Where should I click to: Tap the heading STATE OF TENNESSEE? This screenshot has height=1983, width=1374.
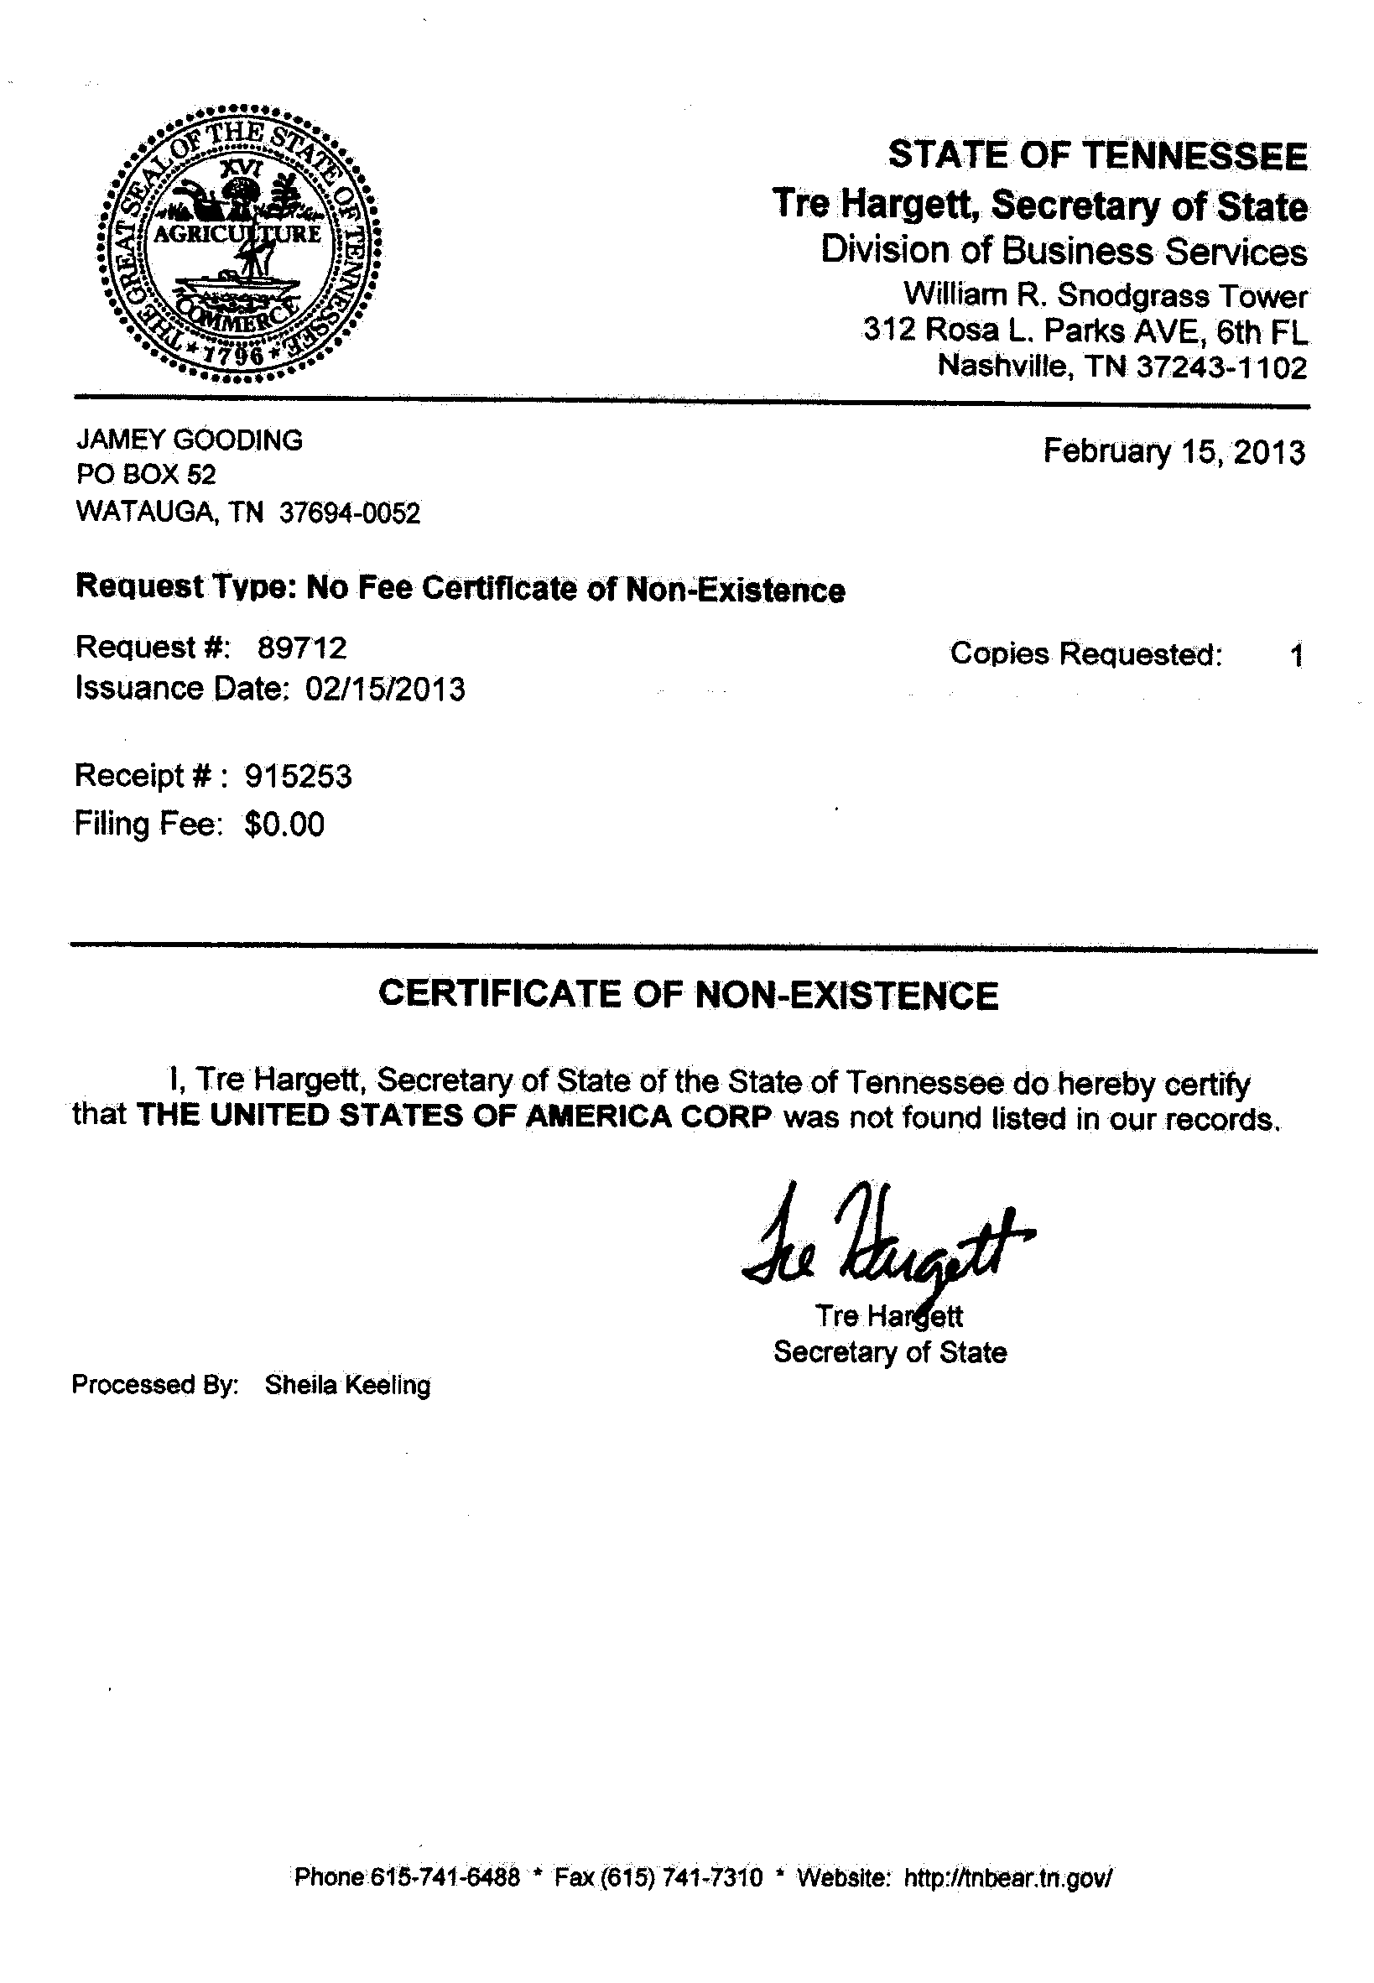point(1098,156)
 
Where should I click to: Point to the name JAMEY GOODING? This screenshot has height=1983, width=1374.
point(190,440)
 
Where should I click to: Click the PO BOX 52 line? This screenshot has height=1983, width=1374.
point(145,474)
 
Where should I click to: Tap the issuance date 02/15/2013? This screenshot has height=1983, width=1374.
point(385,689)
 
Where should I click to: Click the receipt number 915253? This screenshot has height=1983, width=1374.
point(298,776)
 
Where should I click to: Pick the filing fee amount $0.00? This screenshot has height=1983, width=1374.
point(284,825)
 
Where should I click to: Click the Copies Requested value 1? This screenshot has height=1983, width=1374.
point(1297,657)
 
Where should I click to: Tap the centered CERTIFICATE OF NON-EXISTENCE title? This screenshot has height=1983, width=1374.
point(688,995)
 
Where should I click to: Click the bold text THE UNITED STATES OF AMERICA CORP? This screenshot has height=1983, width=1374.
point(454,1116)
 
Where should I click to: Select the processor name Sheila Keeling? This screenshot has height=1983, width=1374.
point(348,1385)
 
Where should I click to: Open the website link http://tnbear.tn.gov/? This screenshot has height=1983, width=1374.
point(1008,1877)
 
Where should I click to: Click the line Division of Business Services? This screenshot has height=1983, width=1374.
point(1064,251)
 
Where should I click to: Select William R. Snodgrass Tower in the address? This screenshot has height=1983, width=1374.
point(1105,295)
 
